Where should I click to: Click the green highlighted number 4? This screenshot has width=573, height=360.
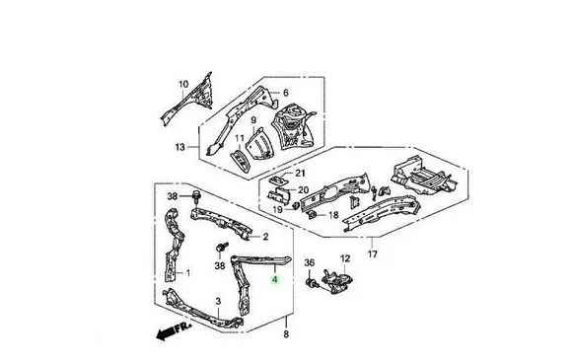(x=275, y=280)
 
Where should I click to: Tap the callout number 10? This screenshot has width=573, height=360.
(x=183, y=84)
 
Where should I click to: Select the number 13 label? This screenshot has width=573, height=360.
(x=180, y=147)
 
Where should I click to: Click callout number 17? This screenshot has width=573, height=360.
(x=373, y=253)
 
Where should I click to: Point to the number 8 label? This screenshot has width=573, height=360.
(x=286, y=333)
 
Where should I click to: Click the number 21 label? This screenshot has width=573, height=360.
(x=300, y=173)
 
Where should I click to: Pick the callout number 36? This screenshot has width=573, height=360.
(x=309, y=262)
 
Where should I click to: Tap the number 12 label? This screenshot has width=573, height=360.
(x=345, y=258)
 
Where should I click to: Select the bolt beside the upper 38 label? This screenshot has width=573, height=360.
(x=197, y=196)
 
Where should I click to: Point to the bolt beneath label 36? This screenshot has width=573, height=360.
(x=312, y=283)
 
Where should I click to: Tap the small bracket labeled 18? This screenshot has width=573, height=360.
(x=313, y=215)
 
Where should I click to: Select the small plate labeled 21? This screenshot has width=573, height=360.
(x=278, y=180)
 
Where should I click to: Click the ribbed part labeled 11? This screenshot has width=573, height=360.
(x=241, y=160)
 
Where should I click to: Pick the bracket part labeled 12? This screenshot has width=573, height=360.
(x=337, y=281)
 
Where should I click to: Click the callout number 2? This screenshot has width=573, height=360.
(x=265, y=237)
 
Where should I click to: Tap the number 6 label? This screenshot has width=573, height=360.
(x=286, y=93)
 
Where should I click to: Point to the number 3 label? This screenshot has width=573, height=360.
(x=218, y=301)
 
